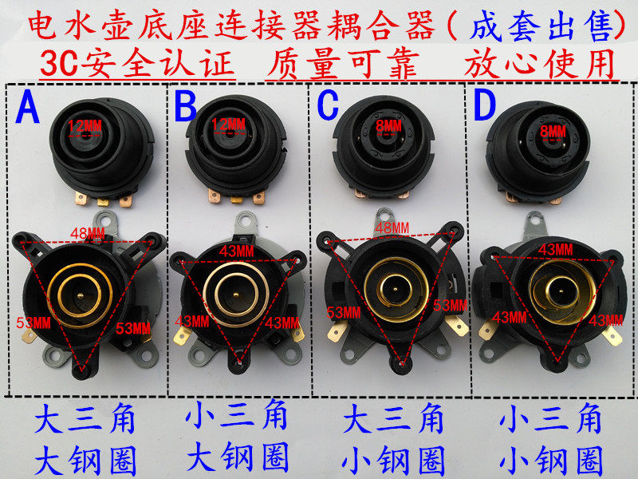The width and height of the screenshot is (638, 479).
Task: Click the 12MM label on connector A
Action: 85,125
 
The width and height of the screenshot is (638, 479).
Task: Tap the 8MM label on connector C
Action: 388,125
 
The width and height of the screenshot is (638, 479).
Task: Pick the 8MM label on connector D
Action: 552,130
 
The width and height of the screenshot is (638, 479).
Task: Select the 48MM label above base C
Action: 391,228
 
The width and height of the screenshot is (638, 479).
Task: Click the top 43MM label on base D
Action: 555,250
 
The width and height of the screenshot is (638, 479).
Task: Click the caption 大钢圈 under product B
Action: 236,459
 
